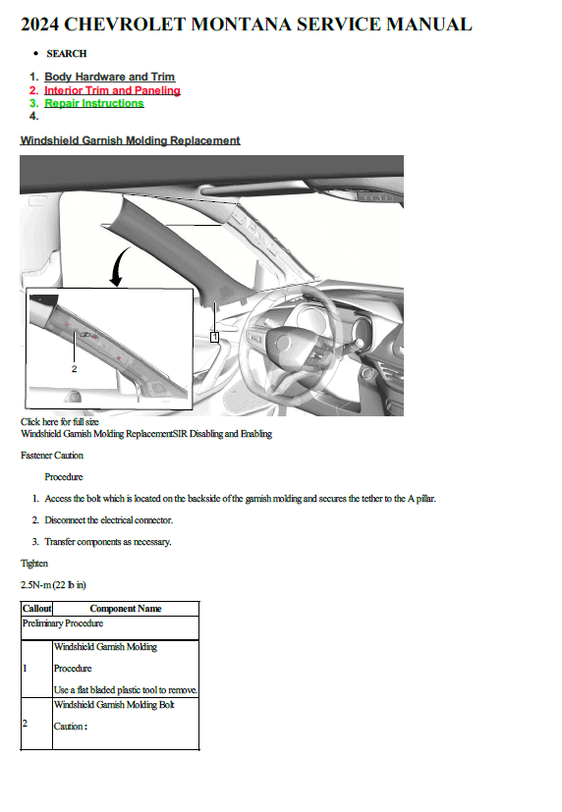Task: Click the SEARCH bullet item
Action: click(66, 53)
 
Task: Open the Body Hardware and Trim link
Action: click(109, 77)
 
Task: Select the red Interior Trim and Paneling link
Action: click(112, 90)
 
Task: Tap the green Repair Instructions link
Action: click(93, 103)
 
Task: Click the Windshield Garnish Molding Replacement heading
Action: click(130, 140)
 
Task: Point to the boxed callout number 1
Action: click(214, 337)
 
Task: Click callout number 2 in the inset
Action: click(74, 369)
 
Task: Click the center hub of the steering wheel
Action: click(283, 343)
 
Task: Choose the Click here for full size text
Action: click(60, 421)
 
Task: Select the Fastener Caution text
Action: click(52, 456)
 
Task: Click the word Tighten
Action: click(34, 564)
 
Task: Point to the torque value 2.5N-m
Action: click(35, 584)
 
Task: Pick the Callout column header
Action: click(36, 609)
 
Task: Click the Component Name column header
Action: click(126, 609)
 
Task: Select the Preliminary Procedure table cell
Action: click(63, 623)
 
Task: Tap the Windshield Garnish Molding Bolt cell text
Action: click(114, 705)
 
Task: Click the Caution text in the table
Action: click(71, 727)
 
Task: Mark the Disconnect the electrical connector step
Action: click(109, 520)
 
